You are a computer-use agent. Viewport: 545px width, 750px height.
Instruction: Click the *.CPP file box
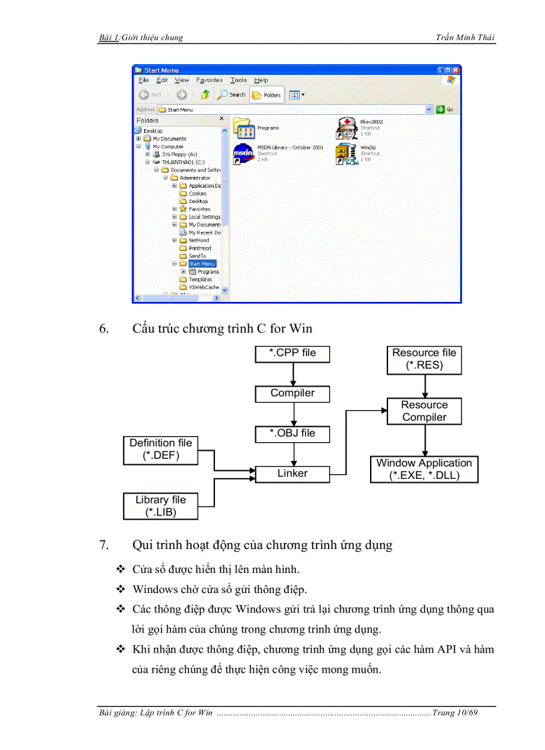(293, 353)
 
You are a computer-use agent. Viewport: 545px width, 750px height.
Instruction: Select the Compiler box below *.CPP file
(293, 393)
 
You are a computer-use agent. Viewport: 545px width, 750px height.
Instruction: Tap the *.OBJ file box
(293, 433)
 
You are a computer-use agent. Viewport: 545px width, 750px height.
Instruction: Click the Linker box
(293, 474)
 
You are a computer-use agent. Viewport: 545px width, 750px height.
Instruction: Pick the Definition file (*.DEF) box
(160, 449)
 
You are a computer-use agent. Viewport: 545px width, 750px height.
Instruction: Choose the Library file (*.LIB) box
(160, 506)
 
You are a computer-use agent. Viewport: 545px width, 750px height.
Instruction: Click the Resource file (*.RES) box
(424, 359)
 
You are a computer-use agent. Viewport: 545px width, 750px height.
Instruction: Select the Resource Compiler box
(424, 411)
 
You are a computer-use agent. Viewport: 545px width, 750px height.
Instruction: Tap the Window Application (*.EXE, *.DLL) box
(424, 469)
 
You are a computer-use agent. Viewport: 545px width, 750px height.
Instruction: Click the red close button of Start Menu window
(456, 70)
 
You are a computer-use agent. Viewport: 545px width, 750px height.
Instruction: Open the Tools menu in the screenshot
(238, 80)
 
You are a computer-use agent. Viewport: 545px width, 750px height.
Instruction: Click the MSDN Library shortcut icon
(243, 154)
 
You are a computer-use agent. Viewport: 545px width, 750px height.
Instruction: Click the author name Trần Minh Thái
(466, 37)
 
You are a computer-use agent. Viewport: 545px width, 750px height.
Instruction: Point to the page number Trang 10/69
(455, 713)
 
